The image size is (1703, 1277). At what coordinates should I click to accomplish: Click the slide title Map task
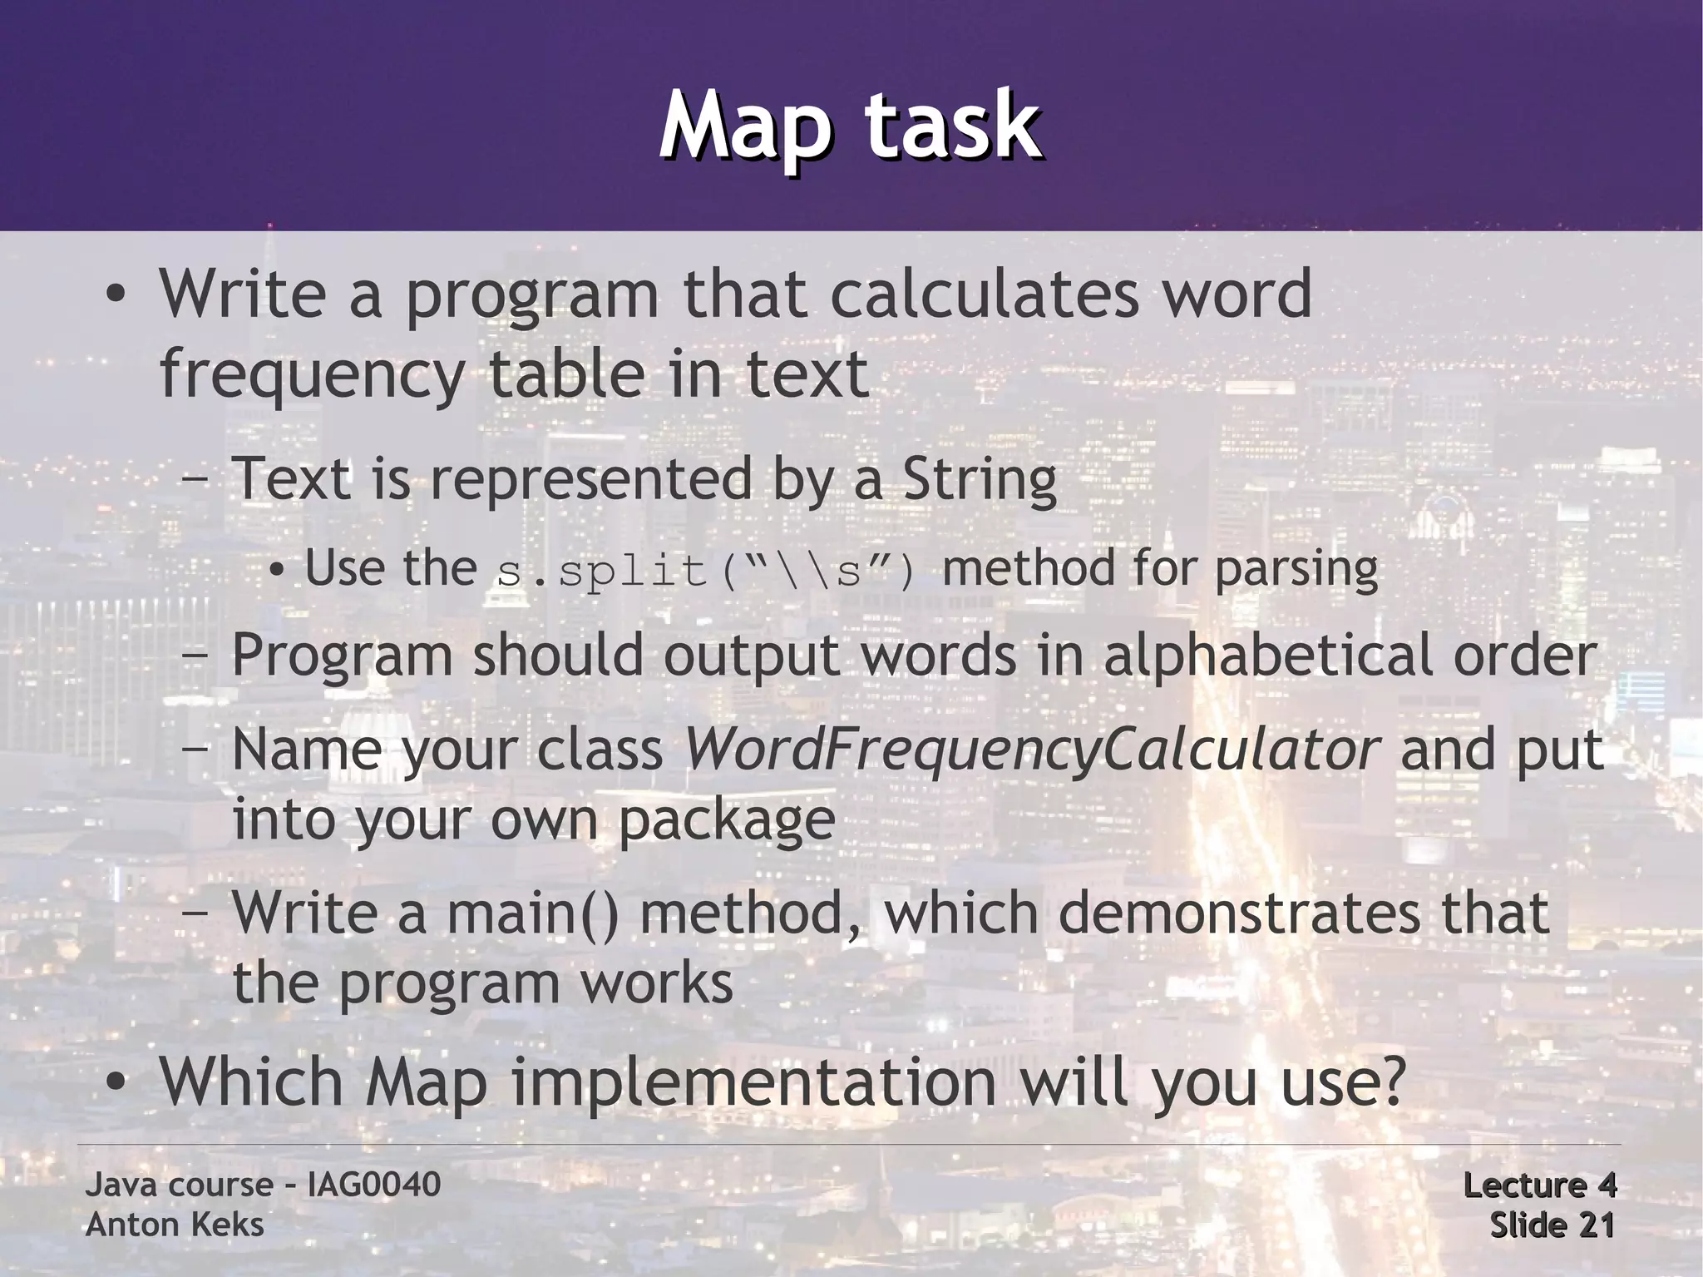point(850,127)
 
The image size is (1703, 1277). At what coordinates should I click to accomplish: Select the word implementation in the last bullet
point(753,1082)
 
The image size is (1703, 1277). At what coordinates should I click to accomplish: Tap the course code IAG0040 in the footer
point(373,1185)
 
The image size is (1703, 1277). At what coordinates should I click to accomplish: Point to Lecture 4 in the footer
point(1538,1185)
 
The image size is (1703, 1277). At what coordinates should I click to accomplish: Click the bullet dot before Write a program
point(116,295)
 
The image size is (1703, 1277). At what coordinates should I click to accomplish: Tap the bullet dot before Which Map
point(116,1083)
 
